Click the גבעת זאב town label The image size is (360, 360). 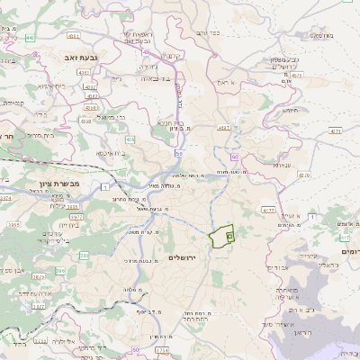(67, 57)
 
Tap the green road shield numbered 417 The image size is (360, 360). (344, 237)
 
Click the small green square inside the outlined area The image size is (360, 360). (229, 236)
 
